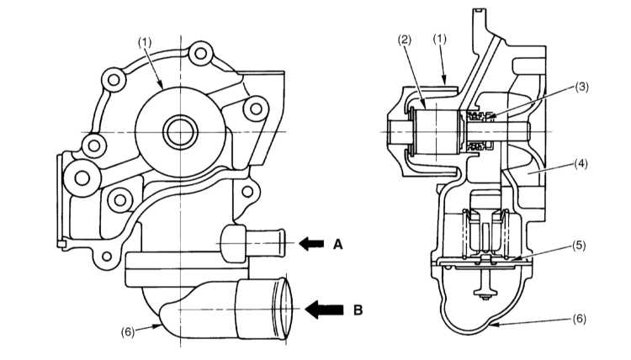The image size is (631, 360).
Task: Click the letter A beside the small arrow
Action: coord(337,244)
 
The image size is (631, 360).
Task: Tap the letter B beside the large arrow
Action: coord(358,310)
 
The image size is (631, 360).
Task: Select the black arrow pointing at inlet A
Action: coord(311,244)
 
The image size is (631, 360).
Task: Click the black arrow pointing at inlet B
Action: coord(324,310)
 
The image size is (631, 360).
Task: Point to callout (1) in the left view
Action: coord(145,43)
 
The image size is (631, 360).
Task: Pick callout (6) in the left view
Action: coord(128,332)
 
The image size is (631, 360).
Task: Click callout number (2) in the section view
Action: coord(405,40)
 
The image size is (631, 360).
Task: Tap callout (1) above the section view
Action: coord(440,39)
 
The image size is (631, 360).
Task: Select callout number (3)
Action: coord(581,87)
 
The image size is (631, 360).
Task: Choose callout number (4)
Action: coord(581,164)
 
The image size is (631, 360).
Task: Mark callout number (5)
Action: coord(579,246)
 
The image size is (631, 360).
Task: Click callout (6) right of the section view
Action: coord(579,319)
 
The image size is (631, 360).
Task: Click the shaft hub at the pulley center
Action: coord(180,132)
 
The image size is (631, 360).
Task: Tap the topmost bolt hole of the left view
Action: coord(200,53)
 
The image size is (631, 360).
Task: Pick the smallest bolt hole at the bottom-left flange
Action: coord(107,256)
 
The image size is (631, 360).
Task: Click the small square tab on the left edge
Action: coord(61,244)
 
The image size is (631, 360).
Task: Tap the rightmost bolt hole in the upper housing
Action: coord(256,109)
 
